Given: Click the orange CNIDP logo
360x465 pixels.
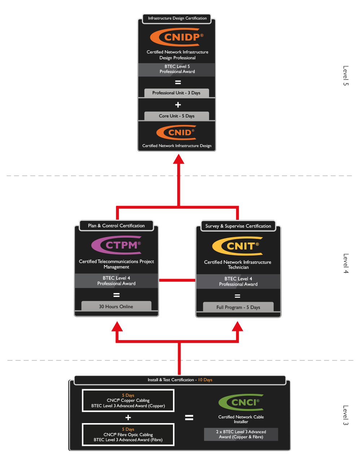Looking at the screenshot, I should click(177, 37).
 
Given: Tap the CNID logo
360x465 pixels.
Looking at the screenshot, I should click(177, 132).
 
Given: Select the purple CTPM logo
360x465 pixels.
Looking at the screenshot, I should click(116, 245).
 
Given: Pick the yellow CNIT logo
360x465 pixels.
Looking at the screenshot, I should click(238, 246).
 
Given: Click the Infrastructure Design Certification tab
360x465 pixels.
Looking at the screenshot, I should click(177, 18).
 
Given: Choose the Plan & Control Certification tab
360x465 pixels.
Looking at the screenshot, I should click(116, 226).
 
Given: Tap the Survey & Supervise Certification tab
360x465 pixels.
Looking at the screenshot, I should click(238, 226).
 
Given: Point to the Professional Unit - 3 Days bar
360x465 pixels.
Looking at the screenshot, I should click(176, 93).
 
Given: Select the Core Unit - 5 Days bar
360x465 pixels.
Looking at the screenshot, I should click(177, 116).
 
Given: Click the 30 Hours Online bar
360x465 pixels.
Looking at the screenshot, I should click(116, 306).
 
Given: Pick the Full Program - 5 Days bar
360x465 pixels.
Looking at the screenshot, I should click(238, 307).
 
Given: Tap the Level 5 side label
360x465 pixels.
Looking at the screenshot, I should click(346, 76).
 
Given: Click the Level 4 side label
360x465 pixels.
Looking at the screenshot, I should click(346, 263).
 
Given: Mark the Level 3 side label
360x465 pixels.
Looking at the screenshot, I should click(346, 415).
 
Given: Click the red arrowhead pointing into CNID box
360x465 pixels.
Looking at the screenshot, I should click(178, 159).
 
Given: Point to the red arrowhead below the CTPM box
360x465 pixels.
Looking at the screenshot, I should click(117, 327).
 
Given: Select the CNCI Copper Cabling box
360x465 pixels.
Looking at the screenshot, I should click(128, 401).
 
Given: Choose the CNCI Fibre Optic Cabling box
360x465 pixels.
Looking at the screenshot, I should click(128, 435).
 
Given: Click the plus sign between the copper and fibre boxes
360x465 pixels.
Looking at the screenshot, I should click(128, 418).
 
